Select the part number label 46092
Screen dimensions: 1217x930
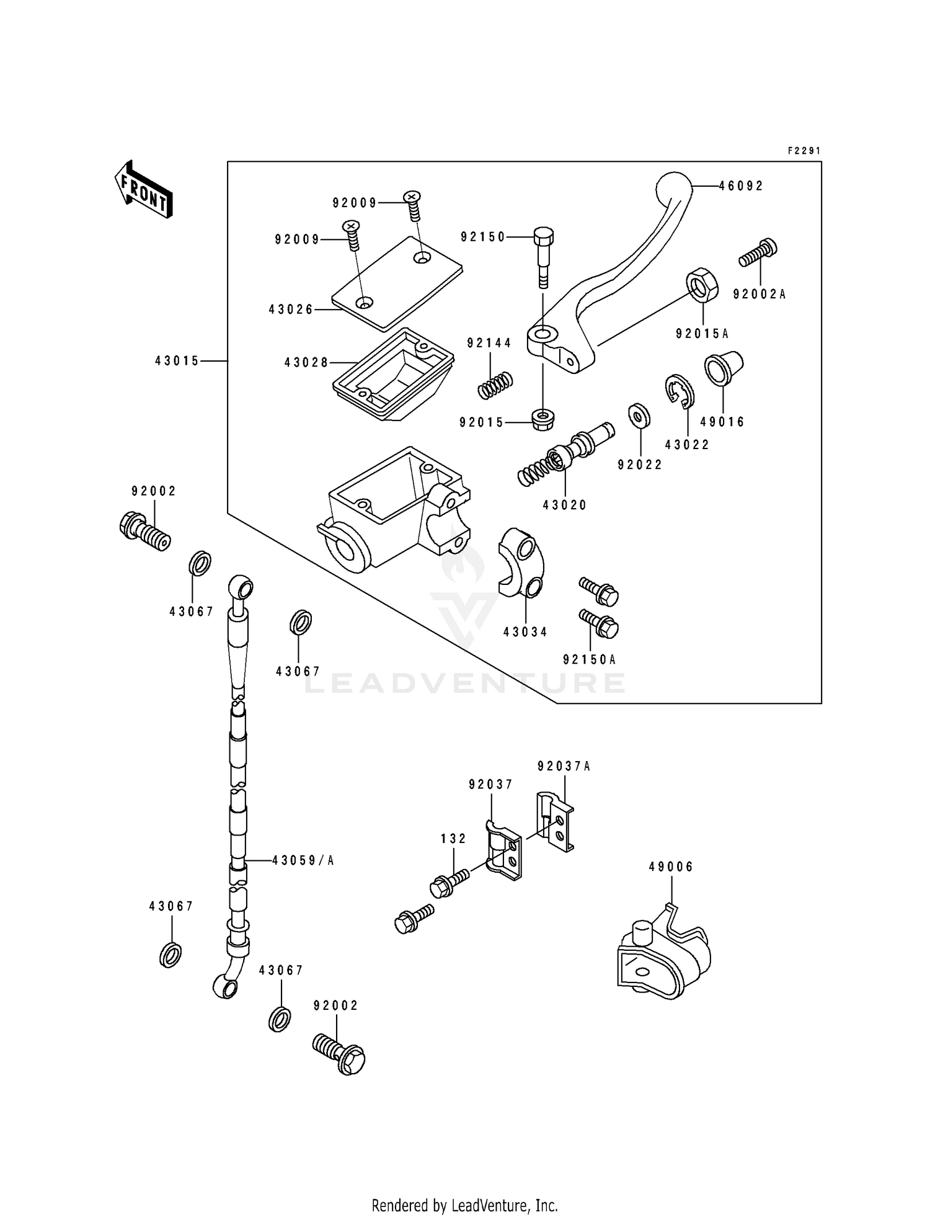[x=741, y=186]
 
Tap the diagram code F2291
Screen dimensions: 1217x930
[x=804, y=151]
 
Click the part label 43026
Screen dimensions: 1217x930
[x=291, y=309]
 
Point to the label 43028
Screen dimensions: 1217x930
[x=306, y=362]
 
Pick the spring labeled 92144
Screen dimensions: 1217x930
[x=495, y=385]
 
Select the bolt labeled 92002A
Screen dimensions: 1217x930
[x=758, y=253]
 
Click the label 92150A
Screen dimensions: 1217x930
[x=590, y=660]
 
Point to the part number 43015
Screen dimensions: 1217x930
[x=177, y=361]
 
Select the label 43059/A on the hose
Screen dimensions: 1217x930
[x=303, y=860]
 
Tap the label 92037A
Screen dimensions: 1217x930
[x=564, y=766]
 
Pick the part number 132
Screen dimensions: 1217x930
[x=454, y=839]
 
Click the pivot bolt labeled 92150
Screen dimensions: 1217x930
[x=543, y=257]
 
